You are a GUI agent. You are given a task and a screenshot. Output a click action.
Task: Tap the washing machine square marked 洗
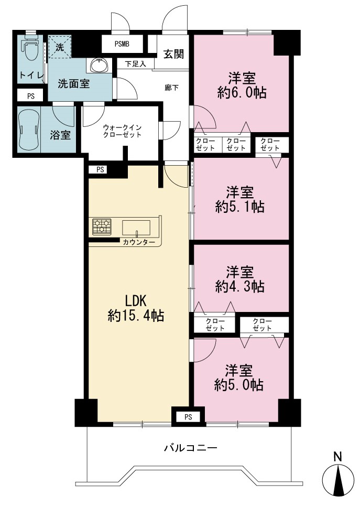[x=60, y=47]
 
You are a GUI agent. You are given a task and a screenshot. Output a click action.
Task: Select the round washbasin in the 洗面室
[x=99, y=66]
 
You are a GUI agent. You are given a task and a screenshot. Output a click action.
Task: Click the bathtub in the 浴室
[x=29, y=130]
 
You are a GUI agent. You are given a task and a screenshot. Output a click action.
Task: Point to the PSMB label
[x=122, y=44]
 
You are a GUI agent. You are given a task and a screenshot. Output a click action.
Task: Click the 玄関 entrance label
[x=173, y=54]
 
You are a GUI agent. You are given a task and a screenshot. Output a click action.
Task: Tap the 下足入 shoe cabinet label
[x=135, y=64]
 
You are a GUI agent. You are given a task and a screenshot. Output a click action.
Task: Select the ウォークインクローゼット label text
[x=122, y=131]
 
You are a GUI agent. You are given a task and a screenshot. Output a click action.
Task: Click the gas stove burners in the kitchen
[x=102, y=226]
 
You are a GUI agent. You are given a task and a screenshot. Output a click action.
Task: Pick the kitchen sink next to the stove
[x=136, y=227]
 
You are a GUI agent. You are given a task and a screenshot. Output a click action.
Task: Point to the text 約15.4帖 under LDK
[x=136, y=315]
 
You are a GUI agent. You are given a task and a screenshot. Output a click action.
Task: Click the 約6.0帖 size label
[x=242, y=93]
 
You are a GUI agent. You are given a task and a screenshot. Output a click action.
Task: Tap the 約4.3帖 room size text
[x=240, y=286]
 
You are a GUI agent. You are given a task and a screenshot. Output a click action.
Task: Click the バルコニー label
[x=191, y=448]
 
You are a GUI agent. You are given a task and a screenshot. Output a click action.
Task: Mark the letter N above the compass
[x=337, y=457]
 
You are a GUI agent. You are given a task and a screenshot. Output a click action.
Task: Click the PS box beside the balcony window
[x=189, y=417]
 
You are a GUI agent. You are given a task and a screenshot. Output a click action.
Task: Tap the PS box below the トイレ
[x=31, y=96]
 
